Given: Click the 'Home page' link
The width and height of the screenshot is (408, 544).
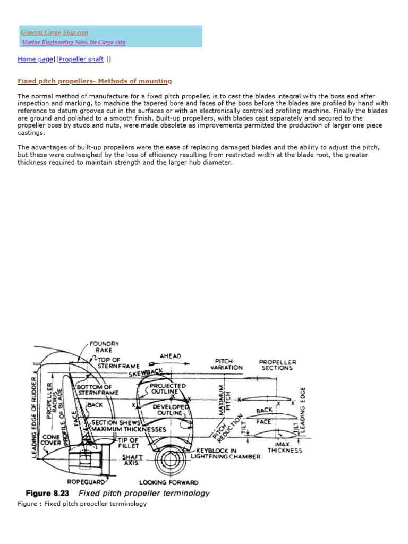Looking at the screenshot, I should click(35, 59).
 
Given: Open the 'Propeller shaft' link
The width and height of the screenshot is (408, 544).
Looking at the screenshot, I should click(81, 59).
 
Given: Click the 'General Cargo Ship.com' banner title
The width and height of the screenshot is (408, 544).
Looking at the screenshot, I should click(55, 32).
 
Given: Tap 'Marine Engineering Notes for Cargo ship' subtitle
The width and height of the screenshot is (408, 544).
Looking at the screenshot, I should click(73, 42).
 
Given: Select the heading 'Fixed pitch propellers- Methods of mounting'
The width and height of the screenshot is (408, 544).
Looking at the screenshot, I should click(95, 81).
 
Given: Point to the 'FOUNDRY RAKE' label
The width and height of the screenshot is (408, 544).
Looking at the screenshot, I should click(104, 347).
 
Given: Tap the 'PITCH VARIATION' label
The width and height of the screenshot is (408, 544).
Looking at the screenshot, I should click(226, 364).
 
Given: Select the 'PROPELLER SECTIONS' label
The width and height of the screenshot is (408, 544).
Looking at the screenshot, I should click(277, 365).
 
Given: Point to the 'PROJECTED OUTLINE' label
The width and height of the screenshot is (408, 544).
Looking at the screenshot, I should click(168, 388).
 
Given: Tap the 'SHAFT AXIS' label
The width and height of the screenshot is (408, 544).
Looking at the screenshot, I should click(132, 460).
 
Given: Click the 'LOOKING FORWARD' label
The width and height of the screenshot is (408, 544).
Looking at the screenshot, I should click(169, 482).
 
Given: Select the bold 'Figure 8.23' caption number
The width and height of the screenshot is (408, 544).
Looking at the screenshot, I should click(50, 494).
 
